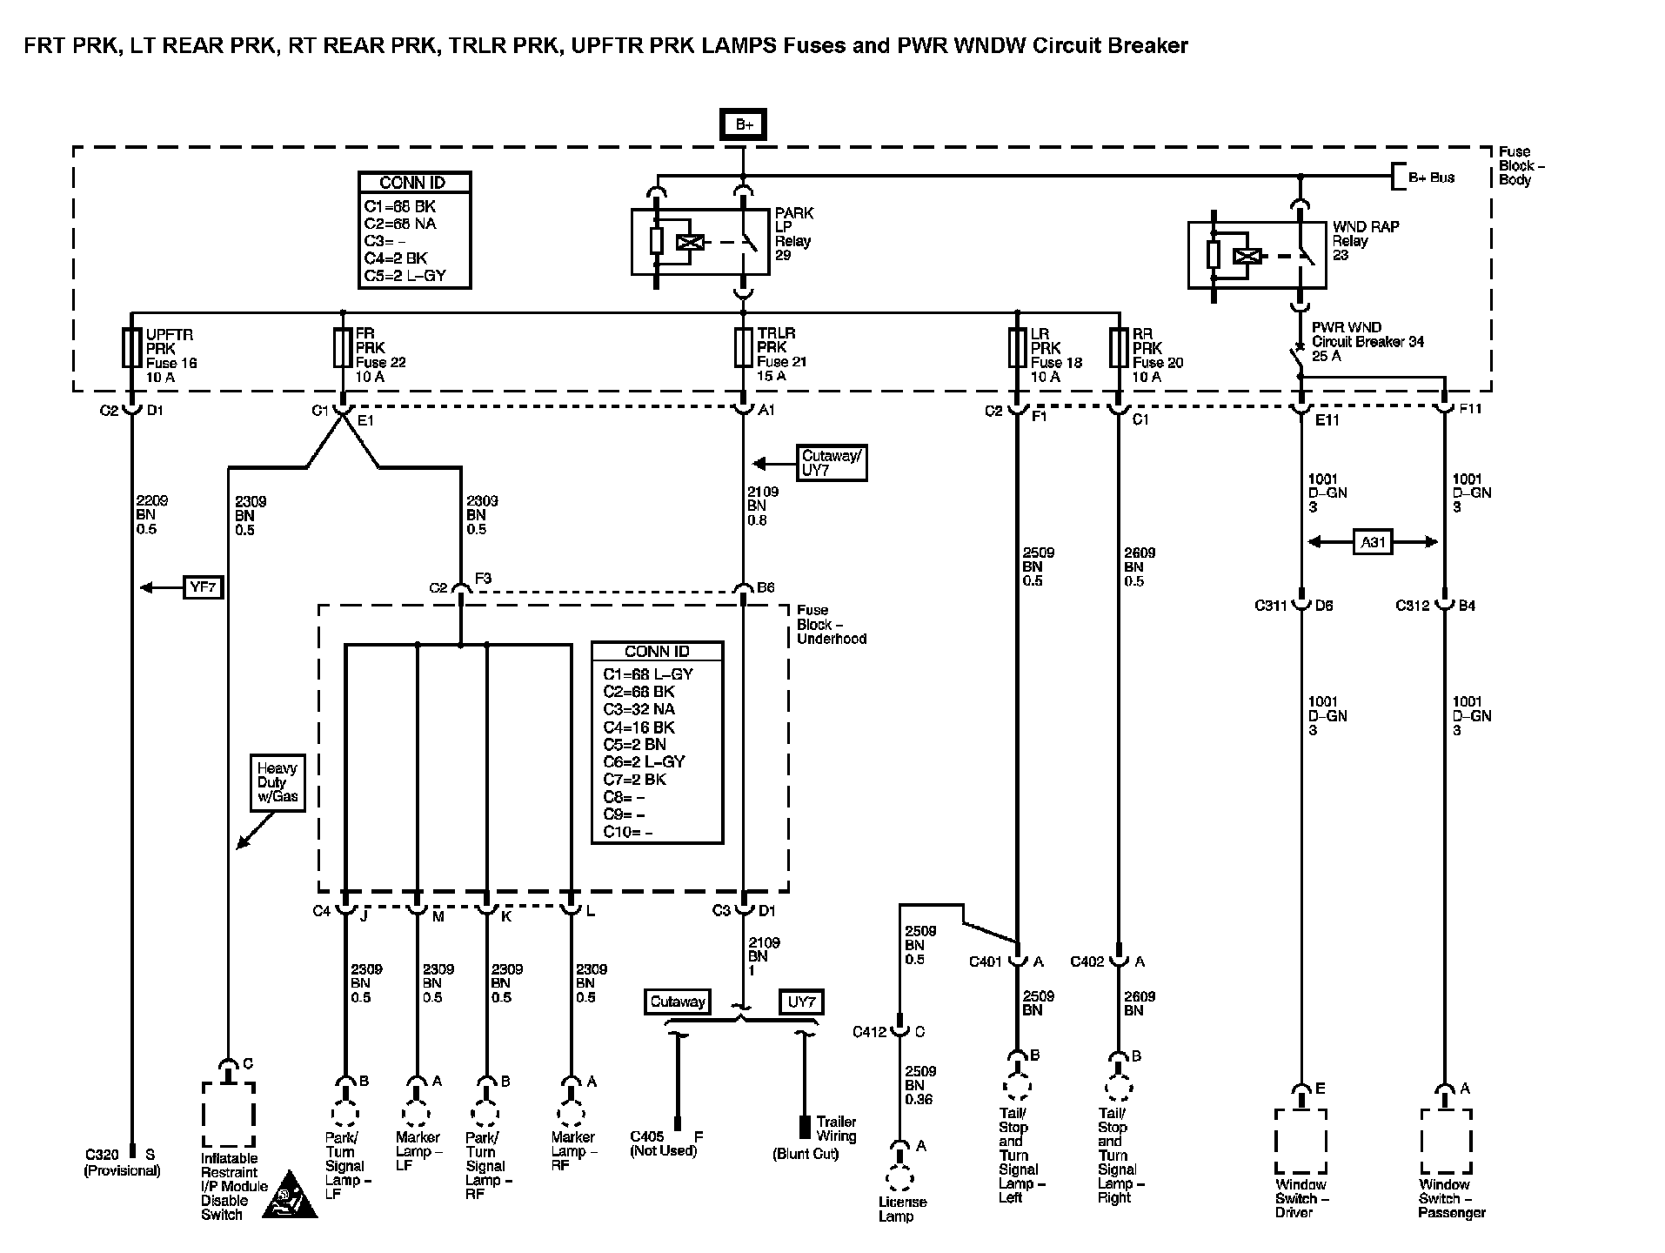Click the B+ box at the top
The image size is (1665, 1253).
(744, 125)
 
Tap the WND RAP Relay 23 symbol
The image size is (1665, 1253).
(1257, 256)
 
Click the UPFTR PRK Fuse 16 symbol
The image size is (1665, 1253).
(132, 348)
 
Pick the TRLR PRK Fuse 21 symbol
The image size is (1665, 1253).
(744, 348)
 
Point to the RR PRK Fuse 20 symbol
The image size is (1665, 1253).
(1119, 348)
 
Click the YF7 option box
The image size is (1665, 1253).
(203, 588)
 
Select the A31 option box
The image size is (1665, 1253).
(1373, 543)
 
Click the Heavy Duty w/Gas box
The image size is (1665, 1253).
(277, 783)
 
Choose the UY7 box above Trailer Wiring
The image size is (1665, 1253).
(800, 1002)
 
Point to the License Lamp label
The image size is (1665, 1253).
(902, 1209)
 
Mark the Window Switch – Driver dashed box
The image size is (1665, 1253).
(1301, 1140)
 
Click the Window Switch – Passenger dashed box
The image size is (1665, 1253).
(1446, 1140)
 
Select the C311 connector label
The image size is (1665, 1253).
(1272, 606)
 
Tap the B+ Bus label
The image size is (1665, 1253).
(1431, 178)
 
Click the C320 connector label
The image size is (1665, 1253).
(102, 1155)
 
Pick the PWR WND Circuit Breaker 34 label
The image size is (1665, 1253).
(1367, 342)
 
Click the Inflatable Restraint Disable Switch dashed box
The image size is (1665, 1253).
(228, 1115)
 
